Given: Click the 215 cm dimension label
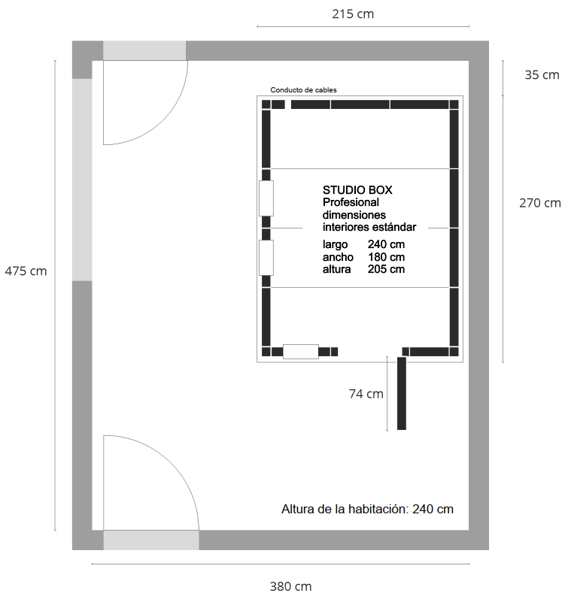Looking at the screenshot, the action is pos(353,14).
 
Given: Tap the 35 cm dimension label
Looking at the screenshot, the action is pos(542,75).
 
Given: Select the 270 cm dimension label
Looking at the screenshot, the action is pos(540,203).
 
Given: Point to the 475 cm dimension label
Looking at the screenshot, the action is pos(26,271).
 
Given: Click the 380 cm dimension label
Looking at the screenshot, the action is pos(290,586).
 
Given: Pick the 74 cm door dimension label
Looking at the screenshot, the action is pos(366,394).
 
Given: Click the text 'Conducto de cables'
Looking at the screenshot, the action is pos(303,90).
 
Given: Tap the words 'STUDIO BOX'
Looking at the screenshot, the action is pos(357,190).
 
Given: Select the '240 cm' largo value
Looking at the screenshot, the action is pos(386,244).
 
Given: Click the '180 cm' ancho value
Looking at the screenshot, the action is pos(386,257).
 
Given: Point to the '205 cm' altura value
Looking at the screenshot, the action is pos(386,269).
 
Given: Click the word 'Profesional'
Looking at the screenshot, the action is pos(351,202).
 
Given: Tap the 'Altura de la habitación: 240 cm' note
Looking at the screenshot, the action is pos(367,509).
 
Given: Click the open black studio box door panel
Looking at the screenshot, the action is pos(402,393).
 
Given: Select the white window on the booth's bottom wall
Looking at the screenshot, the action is pos(300,352).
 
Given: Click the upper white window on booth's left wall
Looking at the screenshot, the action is pos(266,198).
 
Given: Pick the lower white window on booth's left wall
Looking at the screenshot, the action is pos(266,258).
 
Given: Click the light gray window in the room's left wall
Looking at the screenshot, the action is pos(82,180).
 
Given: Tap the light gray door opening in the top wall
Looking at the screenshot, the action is pos(144,50).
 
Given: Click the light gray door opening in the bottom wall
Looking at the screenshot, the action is pos(151,540).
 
